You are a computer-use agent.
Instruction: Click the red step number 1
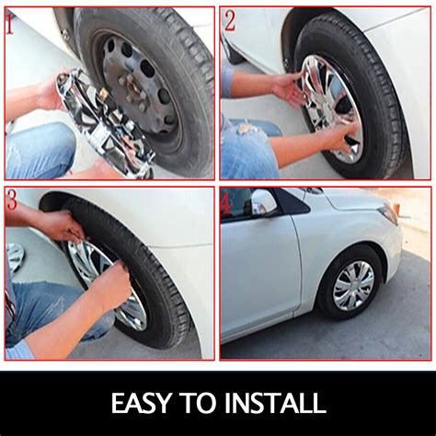pos(10,24)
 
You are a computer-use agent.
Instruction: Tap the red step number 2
pos(231,20)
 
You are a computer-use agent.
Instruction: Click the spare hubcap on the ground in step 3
pos(15,257)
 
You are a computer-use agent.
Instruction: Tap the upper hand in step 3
pos(61,225)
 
